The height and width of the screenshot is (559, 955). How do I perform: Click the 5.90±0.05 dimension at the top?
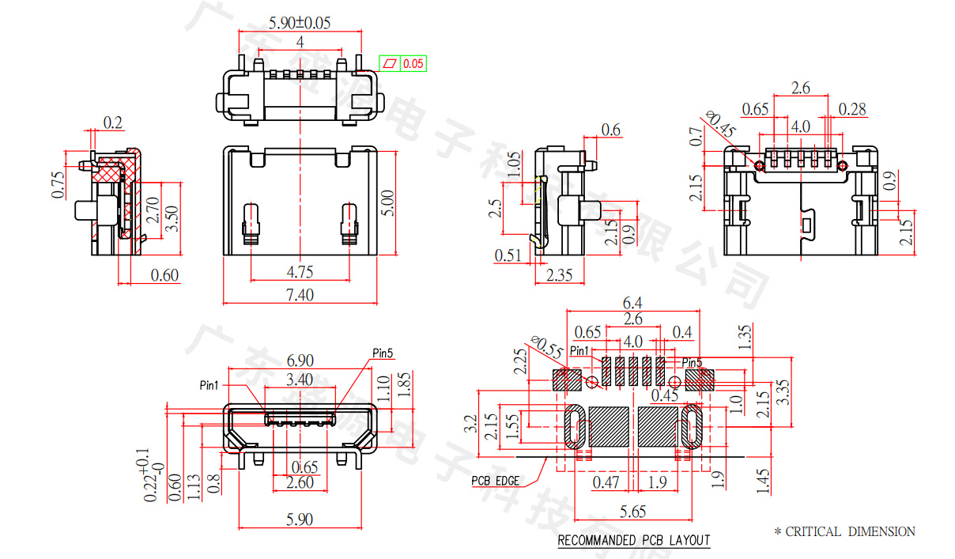click(300, 22)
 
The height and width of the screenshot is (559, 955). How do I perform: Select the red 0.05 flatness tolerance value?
click(413, 63)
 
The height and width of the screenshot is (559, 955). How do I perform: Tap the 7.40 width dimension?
click(300, 295)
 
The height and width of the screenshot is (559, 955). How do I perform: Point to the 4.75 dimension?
click(300, 272)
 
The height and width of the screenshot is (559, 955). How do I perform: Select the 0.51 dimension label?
click(508, 255)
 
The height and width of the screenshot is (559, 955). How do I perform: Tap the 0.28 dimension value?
click(852, 108)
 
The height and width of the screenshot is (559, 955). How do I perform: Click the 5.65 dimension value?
click(632, 512)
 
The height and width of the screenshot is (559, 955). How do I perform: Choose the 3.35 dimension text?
click(782, 391)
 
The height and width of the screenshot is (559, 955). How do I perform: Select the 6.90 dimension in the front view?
click(300, 359)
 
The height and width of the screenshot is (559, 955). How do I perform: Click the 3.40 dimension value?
click(300, 380)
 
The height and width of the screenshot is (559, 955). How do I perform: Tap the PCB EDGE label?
click(495, 480)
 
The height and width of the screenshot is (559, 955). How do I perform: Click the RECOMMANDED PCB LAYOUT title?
click(634, 541)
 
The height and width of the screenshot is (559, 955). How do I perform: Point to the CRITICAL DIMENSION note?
click(844, 532)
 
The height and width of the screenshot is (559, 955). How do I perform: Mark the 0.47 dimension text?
click(606, 482)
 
